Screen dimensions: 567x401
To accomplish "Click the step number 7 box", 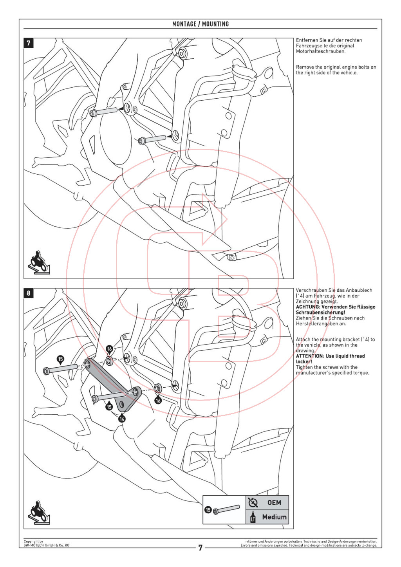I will point(29,43).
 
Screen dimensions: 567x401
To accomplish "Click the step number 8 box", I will point(29,293).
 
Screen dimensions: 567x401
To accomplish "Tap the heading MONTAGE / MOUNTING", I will point(200,24).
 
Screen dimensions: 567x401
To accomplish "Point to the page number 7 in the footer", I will point(200,547).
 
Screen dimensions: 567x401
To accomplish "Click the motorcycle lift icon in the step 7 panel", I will point(39,262).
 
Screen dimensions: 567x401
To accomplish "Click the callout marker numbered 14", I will point(122,419).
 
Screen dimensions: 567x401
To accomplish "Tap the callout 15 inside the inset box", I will point(208,509).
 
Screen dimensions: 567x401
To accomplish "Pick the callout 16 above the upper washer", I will point(109,349).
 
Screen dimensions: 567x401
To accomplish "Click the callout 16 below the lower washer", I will point(158,400).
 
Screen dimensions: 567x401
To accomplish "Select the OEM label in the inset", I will point(274,502).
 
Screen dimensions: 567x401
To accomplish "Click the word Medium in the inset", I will point(274,517).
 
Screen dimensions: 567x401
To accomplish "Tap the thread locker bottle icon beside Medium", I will point(253,517).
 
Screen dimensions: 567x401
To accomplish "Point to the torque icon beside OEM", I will point(253,502).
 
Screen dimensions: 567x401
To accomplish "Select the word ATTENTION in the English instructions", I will point(310,356).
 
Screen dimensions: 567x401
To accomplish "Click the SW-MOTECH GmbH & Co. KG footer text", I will point(46,545).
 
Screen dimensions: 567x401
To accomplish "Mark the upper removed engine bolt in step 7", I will point(104,112).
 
